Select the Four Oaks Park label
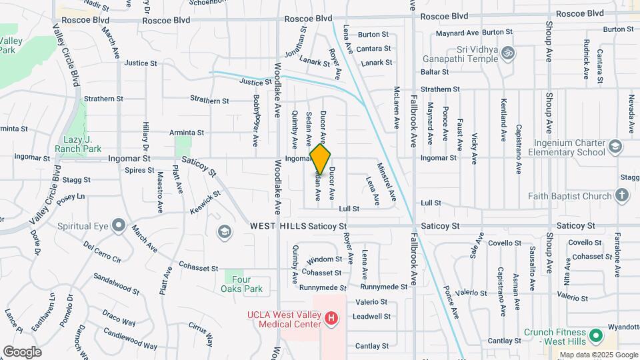[x=242, y=284]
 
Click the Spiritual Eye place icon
[x=118, y=226]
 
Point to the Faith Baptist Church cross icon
[x=621, y=196]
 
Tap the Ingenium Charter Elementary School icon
[x=615, y=147]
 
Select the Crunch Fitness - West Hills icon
[x=595, y=333]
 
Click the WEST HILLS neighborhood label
[x=278, y=227]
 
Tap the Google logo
[x=22, y=351]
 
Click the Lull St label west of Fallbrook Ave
[x=349, y=209]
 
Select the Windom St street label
[x=326, y=259]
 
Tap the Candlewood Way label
[x=131, y=341]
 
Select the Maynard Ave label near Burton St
[x=457, y=33]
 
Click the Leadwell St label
[x=370, y=317]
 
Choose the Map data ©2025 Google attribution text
[x=598, y=355]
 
